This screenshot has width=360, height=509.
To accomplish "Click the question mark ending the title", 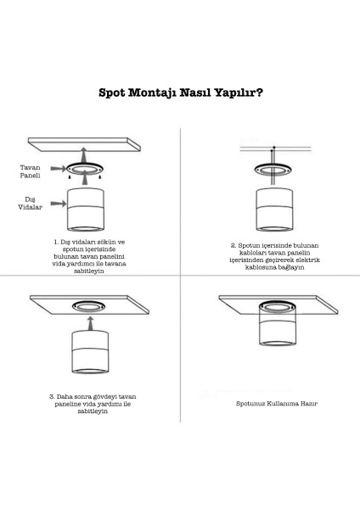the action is [x=259, y=92].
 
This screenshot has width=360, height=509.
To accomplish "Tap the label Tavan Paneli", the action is [x=31, y=171].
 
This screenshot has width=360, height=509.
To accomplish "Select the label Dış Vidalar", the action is [x=31, y=204].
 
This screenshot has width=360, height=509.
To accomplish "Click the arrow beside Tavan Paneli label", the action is [x=58, y=169].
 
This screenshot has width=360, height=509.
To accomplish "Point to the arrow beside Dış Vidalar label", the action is [x=59, y=204].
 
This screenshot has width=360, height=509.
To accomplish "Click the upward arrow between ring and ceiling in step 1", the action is [x=84, y=155].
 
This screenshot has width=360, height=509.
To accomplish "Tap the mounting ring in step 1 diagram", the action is [x=85, y=169].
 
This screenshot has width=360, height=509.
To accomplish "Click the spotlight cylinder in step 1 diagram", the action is [x=86, y=210].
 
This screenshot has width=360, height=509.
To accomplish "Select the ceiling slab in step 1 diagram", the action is [x=84, y=144].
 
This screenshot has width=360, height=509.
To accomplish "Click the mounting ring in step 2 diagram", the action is [x=273, y=170].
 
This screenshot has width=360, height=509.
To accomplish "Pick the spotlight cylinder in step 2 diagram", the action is [x=274, y=210].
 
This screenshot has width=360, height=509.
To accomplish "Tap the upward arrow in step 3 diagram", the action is [x=90, y=324].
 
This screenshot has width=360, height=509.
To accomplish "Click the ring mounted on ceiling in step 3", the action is [x=88, y=306].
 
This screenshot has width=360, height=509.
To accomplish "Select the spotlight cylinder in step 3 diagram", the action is [x=90, y=352].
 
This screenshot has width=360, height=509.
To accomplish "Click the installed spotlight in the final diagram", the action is [x=277, y=324].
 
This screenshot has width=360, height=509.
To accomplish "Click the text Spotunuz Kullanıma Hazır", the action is [x=277, y=404].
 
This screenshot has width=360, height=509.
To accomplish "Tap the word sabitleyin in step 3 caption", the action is [x=93, y=411].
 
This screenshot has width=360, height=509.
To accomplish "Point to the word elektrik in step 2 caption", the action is [x=307, y=260].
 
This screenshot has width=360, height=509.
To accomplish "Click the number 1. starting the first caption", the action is [x=56, y=242].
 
